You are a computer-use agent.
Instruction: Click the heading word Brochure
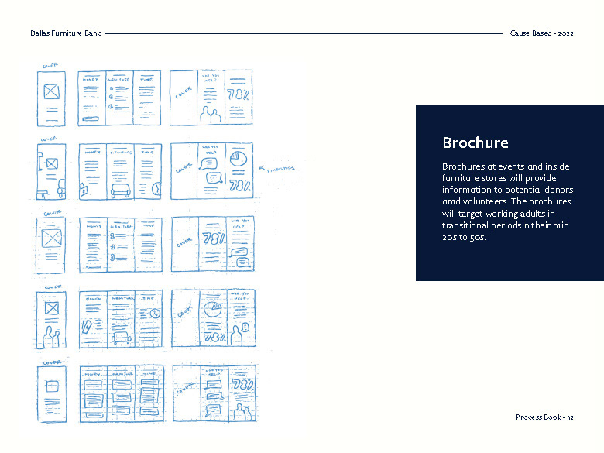475,143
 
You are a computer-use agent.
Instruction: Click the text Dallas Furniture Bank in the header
65,34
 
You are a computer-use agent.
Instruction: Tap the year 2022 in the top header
564,34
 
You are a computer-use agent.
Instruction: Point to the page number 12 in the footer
569,417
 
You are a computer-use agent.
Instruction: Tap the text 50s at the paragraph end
480,237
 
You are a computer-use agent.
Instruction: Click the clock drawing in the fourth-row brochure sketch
155,314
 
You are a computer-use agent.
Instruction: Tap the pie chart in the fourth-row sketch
211,308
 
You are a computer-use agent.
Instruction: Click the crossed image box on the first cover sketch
52,91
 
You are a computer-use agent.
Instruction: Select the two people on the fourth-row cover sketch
51,336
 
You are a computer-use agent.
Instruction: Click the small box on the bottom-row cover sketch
52,386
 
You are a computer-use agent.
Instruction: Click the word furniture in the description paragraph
464,178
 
